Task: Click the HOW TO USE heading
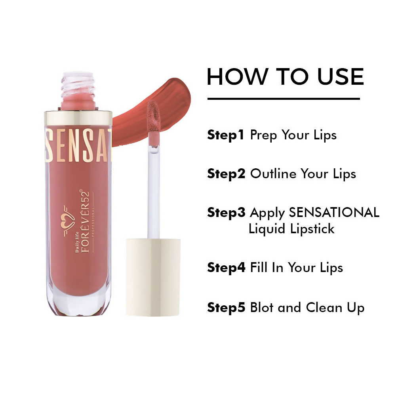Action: [285, 77]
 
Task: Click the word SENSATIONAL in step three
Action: [334, 213]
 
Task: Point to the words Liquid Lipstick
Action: [291, 228]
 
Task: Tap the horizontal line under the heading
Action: [284, 99]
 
